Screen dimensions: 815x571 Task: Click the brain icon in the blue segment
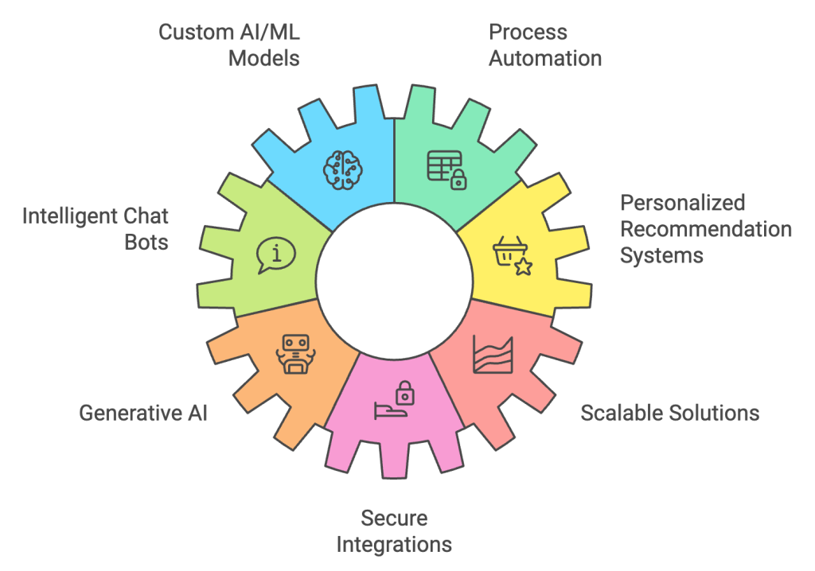point(342,170)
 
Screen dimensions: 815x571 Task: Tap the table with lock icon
point(446,170)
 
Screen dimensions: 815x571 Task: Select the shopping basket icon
point(512,255)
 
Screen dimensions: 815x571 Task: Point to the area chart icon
point(493,355)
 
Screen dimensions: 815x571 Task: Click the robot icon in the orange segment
point(296,354)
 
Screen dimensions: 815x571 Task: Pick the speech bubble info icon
point(276,255)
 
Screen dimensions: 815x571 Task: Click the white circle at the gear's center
point(395,281)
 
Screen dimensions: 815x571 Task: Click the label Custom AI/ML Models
point(229,45)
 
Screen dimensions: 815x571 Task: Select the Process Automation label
point(545,45)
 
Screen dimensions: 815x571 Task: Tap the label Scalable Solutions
point(670,413)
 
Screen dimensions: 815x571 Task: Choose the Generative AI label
point(143,413)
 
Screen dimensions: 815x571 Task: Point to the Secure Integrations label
point(394,531)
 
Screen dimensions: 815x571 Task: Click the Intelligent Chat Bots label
point(96,229)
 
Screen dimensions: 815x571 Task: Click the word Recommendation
point(706,229)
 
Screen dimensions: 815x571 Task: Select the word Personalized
point(682,203)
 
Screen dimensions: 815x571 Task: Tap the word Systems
point(661,255)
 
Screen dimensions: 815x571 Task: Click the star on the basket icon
point(524,266)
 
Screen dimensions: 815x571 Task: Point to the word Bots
point(146,242)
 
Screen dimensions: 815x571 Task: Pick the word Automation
point(545,58)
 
